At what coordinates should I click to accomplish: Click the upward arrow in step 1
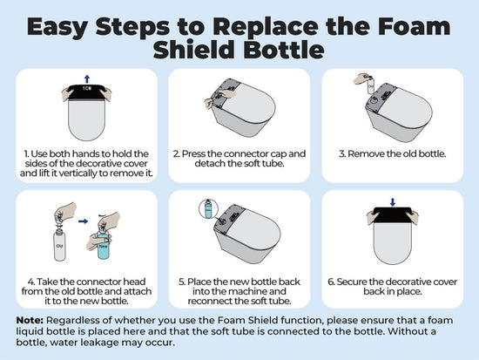(87, 79)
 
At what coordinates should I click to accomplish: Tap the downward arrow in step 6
(393, 202)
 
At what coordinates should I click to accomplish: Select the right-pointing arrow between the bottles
(83, 221)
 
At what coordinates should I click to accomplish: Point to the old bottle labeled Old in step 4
(59, 247)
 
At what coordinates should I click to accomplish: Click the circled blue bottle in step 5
(208, 209)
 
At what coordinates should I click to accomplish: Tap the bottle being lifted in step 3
(370, 86)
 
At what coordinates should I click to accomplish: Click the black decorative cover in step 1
(87, 92)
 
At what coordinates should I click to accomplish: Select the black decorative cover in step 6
(393, 214)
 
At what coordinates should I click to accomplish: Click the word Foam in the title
(414, 27)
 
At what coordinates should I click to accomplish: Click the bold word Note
(30, 321)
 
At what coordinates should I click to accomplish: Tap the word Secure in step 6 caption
(352, 282)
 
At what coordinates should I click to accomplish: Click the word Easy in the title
(57, 28)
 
